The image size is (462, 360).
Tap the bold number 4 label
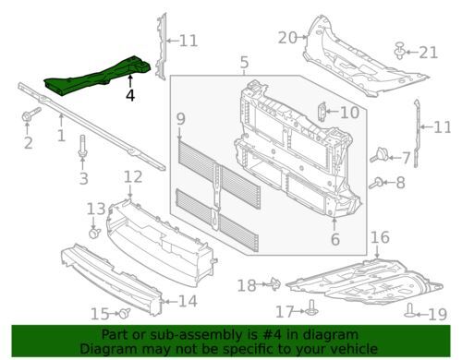tap(130, 95)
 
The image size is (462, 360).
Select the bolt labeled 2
tap(30, 114)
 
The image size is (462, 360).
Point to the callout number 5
tap(244, 63)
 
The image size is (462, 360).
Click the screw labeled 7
tap(379, 155)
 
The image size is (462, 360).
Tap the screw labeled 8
tap(376, 184)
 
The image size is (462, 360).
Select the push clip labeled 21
tap(400, 51)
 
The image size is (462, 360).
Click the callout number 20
tap(287, 38)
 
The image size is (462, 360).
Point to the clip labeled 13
tap(94, 233)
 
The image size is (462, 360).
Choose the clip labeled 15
tap(125, 313)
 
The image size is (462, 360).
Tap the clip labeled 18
tap(275, 283)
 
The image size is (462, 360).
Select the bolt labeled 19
tap(410, 311)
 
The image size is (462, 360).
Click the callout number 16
tap(380, 237)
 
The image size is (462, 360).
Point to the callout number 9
tap(181, 119)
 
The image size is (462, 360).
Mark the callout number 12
tap(133, 177)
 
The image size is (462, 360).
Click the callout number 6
tap(334, 239)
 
